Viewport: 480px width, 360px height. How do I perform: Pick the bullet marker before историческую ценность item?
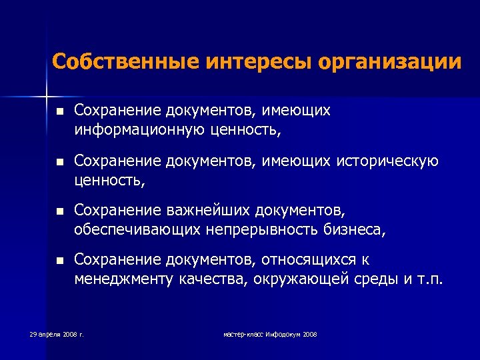point(58,162)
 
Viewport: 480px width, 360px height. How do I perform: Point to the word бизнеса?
point(358,229)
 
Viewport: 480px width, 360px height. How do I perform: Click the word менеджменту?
point(123,279)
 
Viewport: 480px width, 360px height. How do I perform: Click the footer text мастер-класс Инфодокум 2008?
point(270,333)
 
